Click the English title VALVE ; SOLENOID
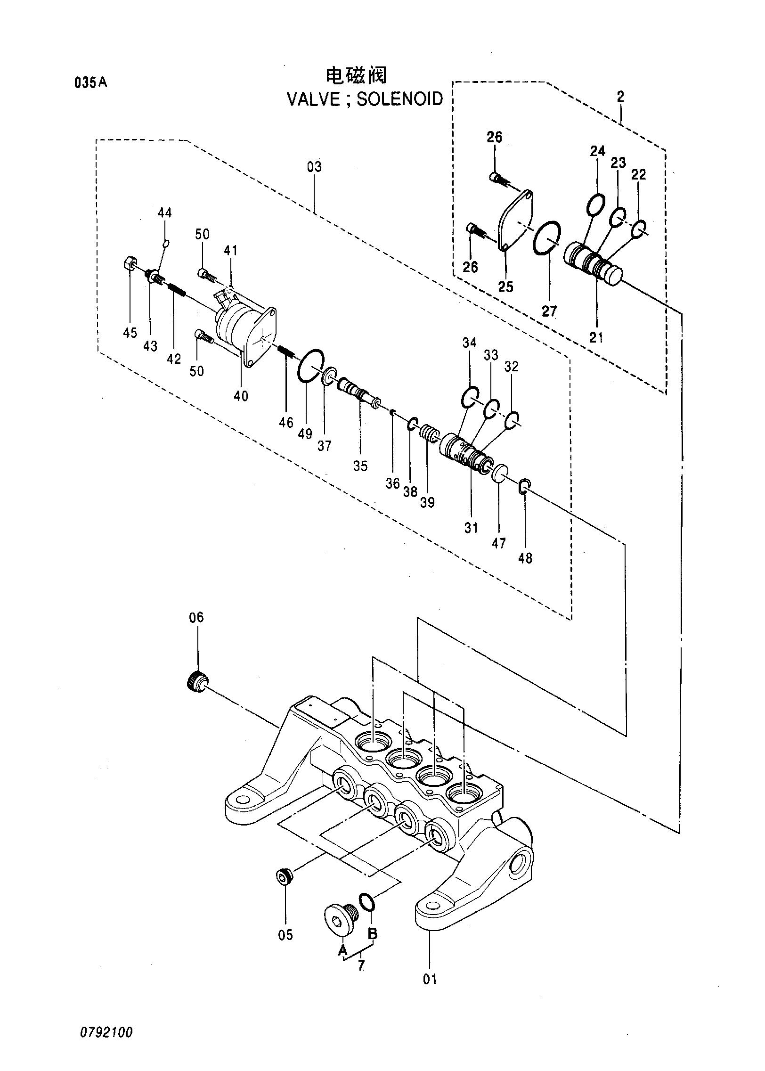click(365, 99)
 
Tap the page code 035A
click(91, 83)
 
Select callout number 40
click(241, 396)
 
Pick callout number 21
click(596, 337)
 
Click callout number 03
click(314, 167)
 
